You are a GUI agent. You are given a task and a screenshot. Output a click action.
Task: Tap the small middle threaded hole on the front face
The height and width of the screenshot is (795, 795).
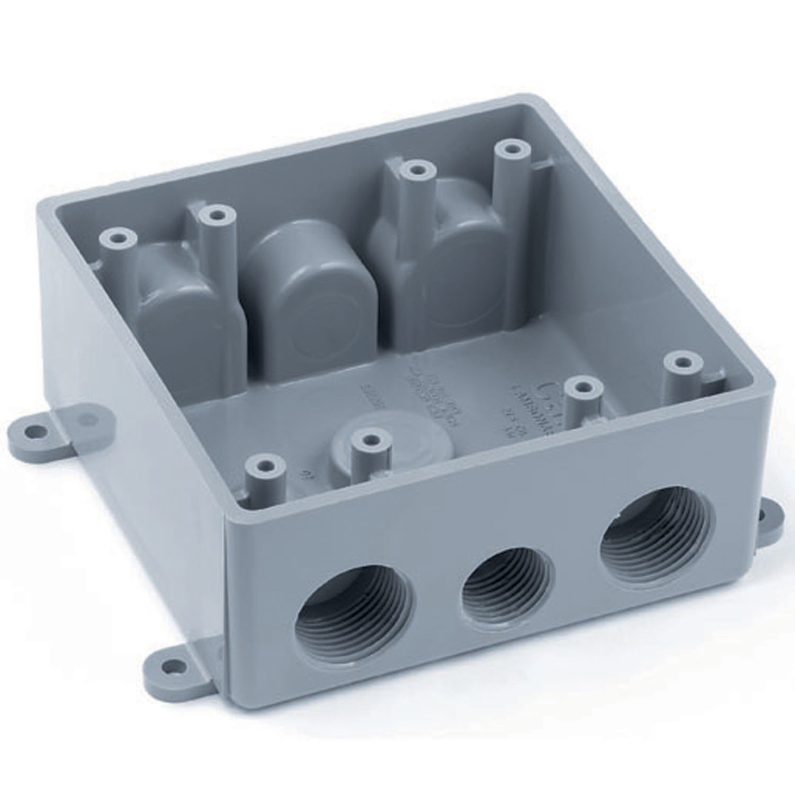[507, 587]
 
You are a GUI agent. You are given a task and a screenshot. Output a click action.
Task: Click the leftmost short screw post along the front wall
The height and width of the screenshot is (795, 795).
[265, 464]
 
